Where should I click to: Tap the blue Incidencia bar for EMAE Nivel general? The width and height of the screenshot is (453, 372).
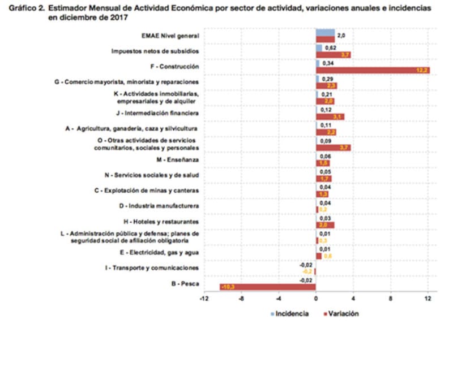coord(325,33)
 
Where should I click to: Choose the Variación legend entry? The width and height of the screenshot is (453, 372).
coord(339,313)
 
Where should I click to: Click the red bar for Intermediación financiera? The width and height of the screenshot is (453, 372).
coord(330,116)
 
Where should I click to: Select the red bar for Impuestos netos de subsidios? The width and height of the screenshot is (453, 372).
coord(333,54)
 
